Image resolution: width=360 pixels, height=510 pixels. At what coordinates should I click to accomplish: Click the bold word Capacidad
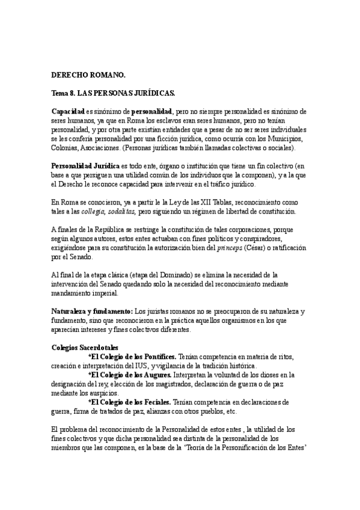coord(68,112)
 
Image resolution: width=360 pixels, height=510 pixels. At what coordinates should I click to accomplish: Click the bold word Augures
coord(153,375)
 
